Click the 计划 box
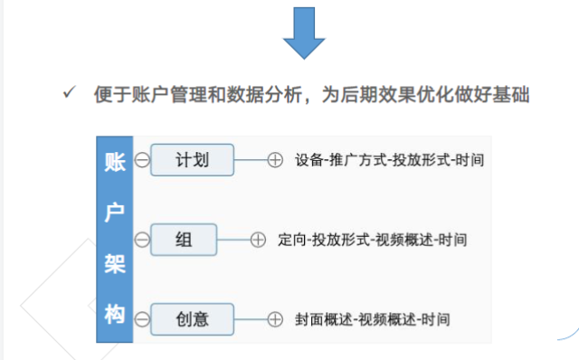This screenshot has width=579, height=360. coord(192,161)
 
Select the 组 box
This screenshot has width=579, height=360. coord(184,240)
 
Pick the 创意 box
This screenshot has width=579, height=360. coord(192,318)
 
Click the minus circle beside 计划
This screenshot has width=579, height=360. coord(141,161)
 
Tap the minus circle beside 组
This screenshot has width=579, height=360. coord(141,240)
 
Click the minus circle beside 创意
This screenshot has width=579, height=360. coord(141,318)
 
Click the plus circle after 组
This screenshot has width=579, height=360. coord(259,240)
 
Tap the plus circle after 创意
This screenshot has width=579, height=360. coord(276,318)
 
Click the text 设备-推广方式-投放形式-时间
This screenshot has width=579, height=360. coord(389,161)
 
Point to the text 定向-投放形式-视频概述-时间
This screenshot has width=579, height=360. coord(373,240)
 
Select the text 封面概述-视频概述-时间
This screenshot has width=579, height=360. coord(372,318)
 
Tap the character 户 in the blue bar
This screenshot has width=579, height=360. coord(114,213)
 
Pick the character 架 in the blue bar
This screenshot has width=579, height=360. coord(114,264)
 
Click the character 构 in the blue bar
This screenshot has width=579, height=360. coord(114,315)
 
